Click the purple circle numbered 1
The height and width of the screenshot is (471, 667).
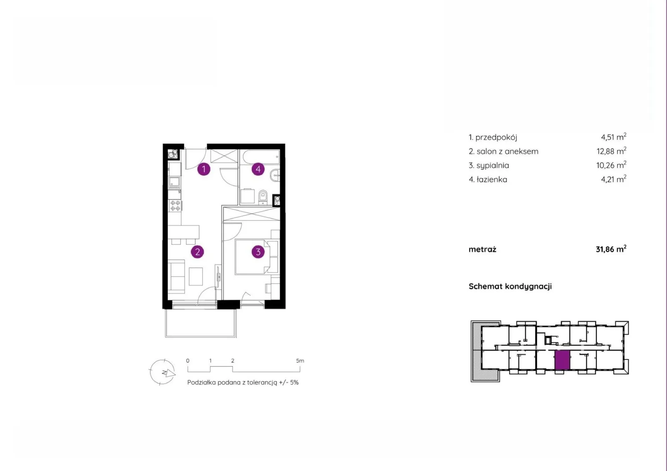[204, 169]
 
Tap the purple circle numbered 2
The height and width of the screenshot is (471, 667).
[197, 252]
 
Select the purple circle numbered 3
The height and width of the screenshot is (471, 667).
[258, 252]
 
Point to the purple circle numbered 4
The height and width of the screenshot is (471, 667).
[258, 169]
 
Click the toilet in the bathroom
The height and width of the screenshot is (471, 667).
[263, 197]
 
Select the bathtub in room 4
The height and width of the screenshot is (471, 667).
[261, 157]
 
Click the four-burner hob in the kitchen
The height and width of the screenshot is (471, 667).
[175, 205]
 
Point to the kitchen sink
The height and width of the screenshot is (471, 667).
[174, 182]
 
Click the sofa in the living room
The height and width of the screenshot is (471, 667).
[176, 276]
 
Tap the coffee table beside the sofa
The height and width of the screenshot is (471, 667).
[196, 277]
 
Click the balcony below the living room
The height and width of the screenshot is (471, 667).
[201, 323]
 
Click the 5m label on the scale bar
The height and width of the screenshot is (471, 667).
[300, 361]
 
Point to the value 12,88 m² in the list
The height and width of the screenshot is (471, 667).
[611, 151]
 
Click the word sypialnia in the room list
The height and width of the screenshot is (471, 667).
[493, 165]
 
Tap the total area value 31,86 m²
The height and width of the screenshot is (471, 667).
[611, 249]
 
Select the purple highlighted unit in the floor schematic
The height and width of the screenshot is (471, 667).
[562, 360]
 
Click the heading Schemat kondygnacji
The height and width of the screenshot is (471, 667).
[510, 286]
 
